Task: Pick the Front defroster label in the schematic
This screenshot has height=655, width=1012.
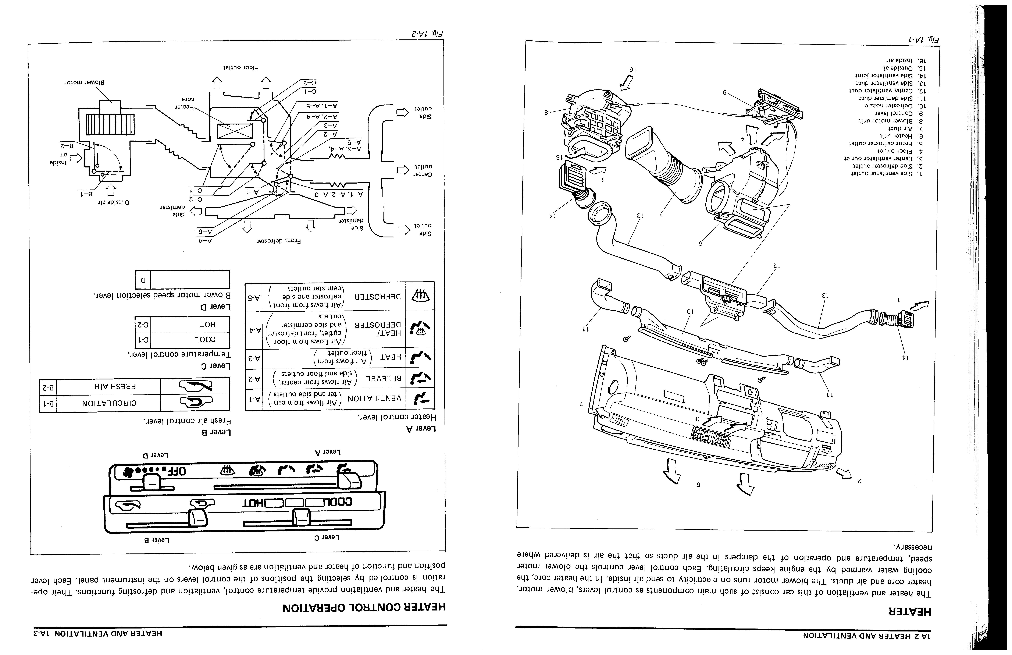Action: [x=278, y=241]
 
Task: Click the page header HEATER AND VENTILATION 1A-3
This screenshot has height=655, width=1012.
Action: [x=98, y=634]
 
